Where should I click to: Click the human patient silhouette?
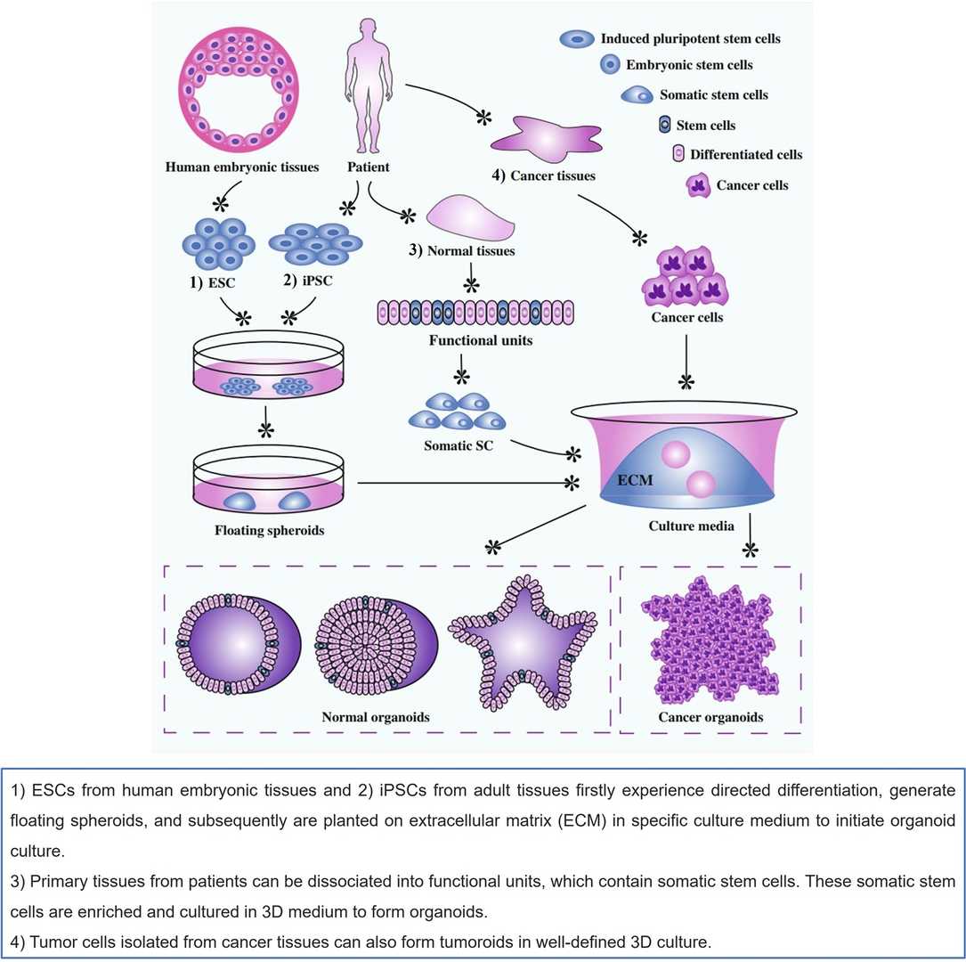click(x=368, y=85)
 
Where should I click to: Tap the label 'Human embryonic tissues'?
click(x=242, y=167)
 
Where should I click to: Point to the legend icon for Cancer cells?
click(x=700, y=185)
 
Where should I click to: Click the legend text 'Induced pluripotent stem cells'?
click(x=690, y=38)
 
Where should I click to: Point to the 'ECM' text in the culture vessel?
click(x=636, y=480)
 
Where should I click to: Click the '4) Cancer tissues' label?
click(x=544, y=175)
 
